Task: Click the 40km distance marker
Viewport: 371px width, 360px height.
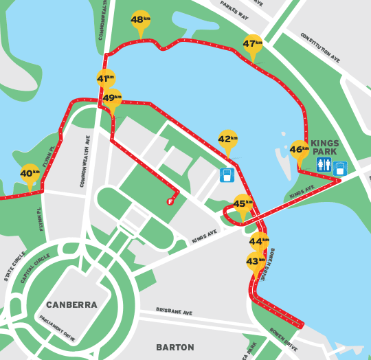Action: pyautogui.click(x=30, y=174)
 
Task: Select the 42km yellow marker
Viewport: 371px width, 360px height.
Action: pyautogui.click(x=227, y=139)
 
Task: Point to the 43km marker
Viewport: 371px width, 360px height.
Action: pyautogui.click(x=256, y=262)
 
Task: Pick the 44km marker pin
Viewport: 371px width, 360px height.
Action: pyautogui.click(x=259, y=242)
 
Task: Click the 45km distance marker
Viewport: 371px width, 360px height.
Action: pyautogui.click(x=243, y=204)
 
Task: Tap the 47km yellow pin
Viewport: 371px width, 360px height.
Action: pyautogui.click(x=253, y=44)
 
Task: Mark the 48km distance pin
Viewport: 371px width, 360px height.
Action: pyautogui.click(x=141, y=21)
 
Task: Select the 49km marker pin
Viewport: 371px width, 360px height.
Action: pyautogui.click(x=112, y=99)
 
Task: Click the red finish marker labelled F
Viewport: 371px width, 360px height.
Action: pyautogui.click(x=170, y=201)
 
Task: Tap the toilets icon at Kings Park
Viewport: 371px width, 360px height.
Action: pyautogui.click(x=324, y=165)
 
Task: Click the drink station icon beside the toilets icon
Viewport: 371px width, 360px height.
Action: pyautogui.click(x=340, y=168)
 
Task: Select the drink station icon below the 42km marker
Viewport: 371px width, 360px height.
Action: pyautogui.click(x=227, y=175)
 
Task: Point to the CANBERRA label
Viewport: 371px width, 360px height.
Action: pyautogui.click(x=71, y=304)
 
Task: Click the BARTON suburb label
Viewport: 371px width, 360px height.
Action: pyautogui.click(x=175, y=348)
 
